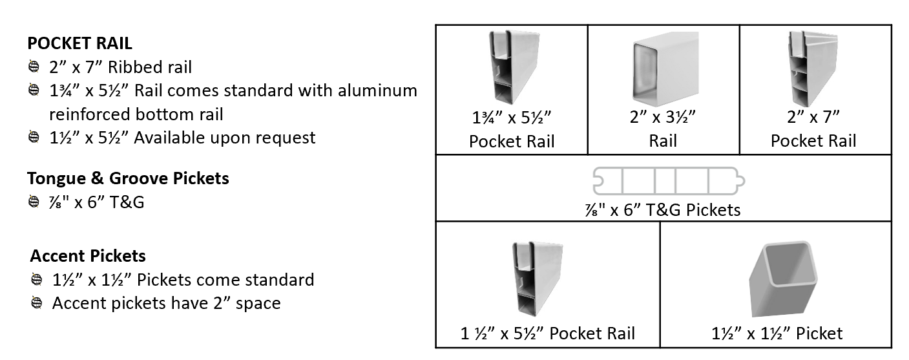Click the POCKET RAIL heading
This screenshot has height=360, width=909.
pyautogui.click(x=79, y=43)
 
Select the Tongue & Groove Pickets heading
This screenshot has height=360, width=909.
pyautogui.click(x=128, y=178)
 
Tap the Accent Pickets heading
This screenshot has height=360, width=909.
pyautogui.click(x=87, y=256)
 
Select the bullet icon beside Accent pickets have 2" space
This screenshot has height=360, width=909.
pyautogui.click(x=37, y=302)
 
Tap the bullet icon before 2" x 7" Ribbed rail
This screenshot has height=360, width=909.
pyautogui.click(x=33, y=67)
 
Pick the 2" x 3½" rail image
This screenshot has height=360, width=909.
pyautogui.click(x=663, y=69)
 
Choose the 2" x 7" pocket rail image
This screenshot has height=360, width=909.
pyautogui.click(x=813, y=67)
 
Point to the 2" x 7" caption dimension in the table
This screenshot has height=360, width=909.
pyautogui.click(x=813, y=118)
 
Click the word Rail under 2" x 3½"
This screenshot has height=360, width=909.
pyautogui.click(x=663, y=141)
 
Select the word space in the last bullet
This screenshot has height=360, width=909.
pyautogui.click(x=258, y=302)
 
